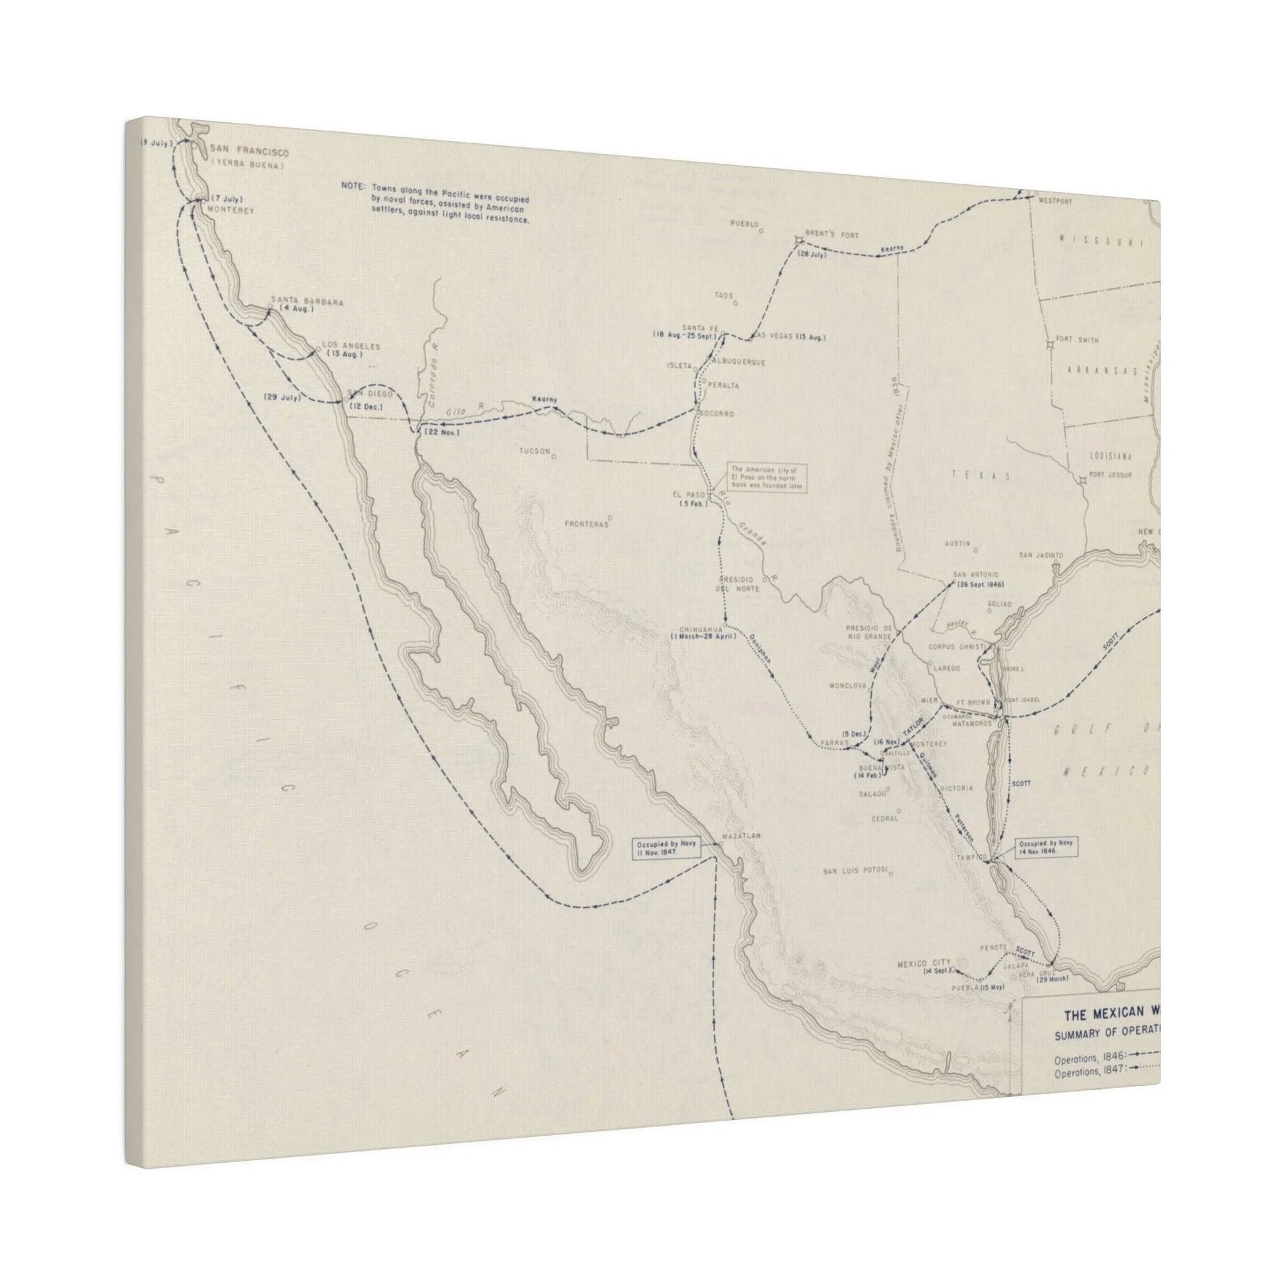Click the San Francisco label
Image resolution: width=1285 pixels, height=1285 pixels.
click(x=249, y=153)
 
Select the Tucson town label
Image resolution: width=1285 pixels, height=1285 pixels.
click(x=535, y=451)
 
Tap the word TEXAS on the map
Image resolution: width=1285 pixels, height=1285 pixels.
click(x=981, y=476)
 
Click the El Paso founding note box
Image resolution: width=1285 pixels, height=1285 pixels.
click(x=768, y=477)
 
